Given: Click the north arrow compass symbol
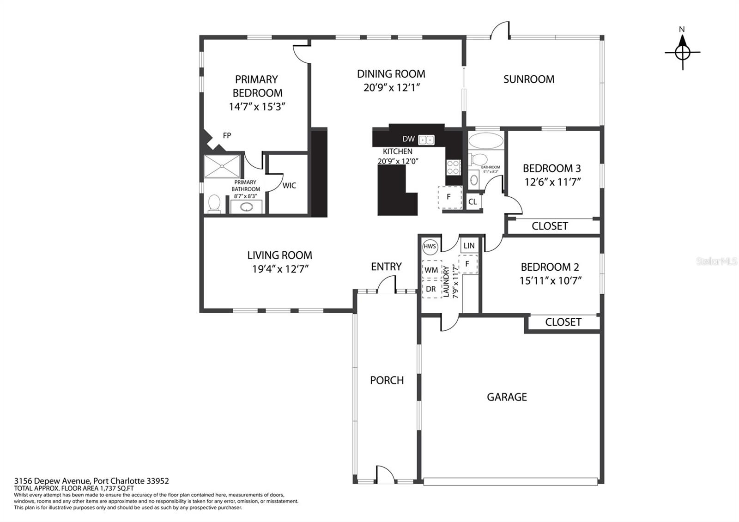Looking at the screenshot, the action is click(x=682, y=52).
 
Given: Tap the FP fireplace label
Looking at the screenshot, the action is click(x=227, y=135).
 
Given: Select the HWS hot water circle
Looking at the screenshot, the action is click(x=430, y=247).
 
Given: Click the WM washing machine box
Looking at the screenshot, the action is click(x=431, y=270).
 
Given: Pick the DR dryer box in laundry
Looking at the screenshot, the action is click(x=431, y=289).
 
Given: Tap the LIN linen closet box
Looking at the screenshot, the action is click(x=469, y=245).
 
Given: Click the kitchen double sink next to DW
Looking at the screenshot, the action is click(x=427, y=140).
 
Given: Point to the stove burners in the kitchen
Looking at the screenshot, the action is click(x=454, y=167).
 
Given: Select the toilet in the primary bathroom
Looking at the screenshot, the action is click(x=214, y=203).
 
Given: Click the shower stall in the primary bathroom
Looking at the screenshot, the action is click(x=222, y=166).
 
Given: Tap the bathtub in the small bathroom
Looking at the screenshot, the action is click(x=486, y=141).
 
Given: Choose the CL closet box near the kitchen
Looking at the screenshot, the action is click(x=473, y=201).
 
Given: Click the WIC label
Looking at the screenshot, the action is click(x=289, y=185).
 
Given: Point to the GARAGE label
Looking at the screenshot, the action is click(x=507, y=397).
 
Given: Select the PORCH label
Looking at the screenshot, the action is click(x=387, y=380).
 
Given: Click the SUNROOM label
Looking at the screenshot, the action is click(x=529, y=79).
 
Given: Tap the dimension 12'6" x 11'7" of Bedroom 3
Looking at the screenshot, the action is click(x=552, y=182).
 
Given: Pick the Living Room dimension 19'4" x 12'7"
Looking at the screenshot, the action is click(x=280, y=269).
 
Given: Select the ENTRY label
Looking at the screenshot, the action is click(x=386, y=266).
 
